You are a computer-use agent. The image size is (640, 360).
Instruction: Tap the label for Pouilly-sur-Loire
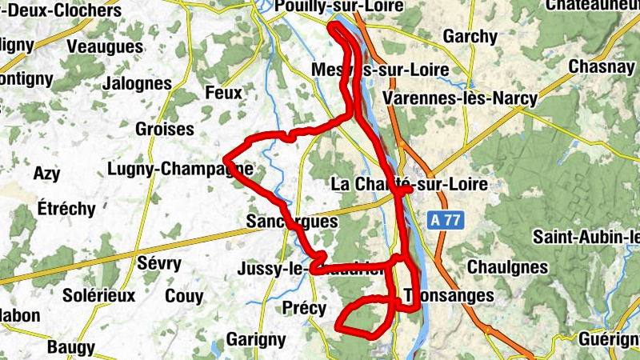(x=338, y=6)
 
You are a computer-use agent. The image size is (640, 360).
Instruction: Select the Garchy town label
(x=470, y=37)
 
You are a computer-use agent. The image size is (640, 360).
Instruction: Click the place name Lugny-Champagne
(x=180, y=169)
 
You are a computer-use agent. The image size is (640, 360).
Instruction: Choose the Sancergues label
(x=292, y=221)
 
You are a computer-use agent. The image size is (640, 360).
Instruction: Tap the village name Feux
(x=223, y=93)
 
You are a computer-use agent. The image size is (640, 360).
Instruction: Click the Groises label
(x=164, y=129)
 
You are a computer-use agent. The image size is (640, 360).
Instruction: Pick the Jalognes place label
(x=138, y=83)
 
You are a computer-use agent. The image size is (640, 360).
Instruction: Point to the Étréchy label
(x=66, y=210)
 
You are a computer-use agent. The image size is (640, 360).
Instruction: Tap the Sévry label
(x=160, y=263)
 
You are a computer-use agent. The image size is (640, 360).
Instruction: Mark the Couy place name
(x=183, y=296)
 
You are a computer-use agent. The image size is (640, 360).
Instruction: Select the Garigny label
(x=255, y=338)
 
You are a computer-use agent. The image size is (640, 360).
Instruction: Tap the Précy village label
(x=305, y=308)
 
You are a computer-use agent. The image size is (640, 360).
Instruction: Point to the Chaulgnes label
(x=505, y=266)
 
